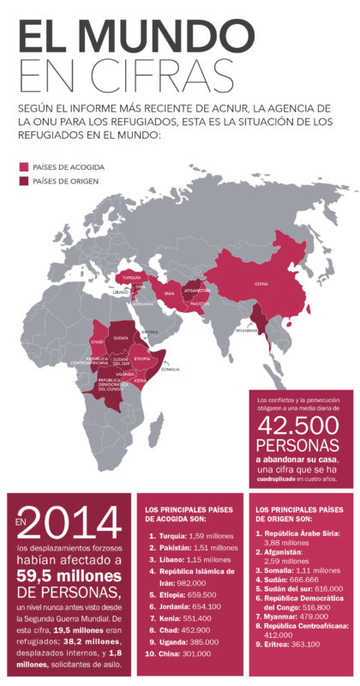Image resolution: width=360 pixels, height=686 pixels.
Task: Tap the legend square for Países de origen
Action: click(23, 181)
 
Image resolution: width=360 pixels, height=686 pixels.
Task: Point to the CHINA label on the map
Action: click(261, 283)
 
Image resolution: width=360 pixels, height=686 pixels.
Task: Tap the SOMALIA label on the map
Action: click(170, 369)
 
